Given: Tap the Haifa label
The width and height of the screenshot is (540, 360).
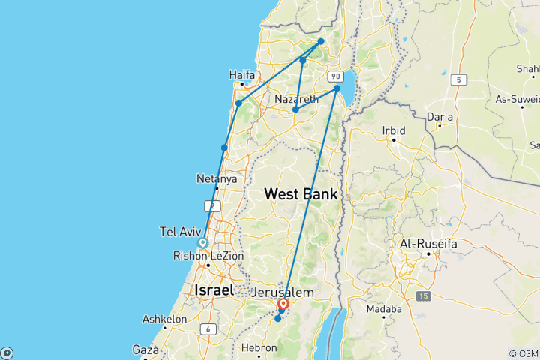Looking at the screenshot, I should coord(242,75).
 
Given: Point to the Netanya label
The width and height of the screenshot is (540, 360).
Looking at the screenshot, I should coord(217,179).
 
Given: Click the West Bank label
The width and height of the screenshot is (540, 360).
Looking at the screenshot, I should coord(301,194).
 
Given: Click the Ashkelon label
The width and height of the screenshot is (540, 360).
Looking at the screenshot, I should coord(164,319).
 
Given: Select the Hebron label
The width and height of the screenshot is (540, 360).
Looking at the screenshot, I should coord(259,348).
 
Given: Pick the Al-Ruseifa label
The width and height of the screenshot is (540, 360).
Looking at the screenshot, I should coord(428,244).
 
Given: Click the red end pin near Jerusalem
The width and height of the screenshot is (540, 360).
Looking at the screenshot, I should coord(283,304).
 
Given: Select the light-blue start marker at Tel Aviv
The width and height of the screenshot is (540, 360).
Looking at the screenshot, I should coord(202,242).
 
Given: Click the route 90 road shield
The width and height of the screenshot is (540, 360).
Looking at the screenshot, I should coord(335,76).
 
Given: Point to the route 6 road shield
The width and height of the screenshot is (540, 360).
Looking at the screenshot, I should coord(205,329).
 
